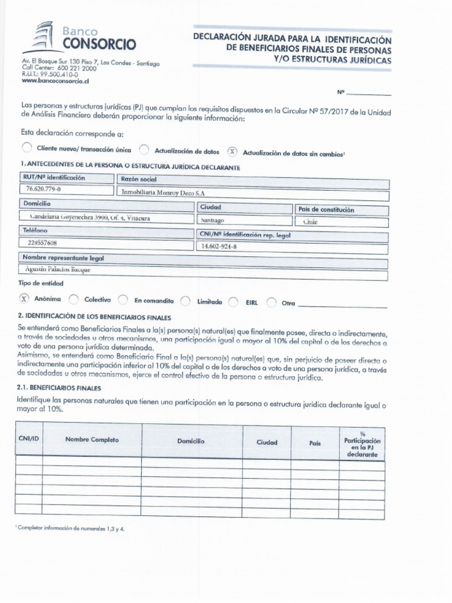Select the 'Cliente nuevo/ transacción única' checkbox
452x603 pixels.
(25, 148)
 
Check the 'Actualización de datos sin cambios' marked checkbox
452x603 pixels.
(232, 151)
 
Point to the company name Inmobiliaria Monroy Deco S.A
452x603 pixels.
(164, 192)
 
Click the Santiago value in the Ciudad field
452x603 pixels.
(212, 220)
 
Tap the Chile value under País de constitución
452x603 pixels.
(310, 222)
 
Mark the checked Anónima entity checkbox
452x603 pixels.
(24, 298)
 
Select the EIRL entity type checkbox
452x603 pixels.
(233, 302)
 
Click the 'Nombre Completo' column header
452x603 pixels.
(92, 440)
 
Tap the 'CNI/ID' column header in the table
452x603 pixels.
(28, 439)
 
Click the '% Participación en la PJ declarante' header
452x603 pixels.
(362, 445)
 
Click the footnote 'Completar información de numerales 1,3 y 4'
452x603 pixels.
(71, 529)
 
